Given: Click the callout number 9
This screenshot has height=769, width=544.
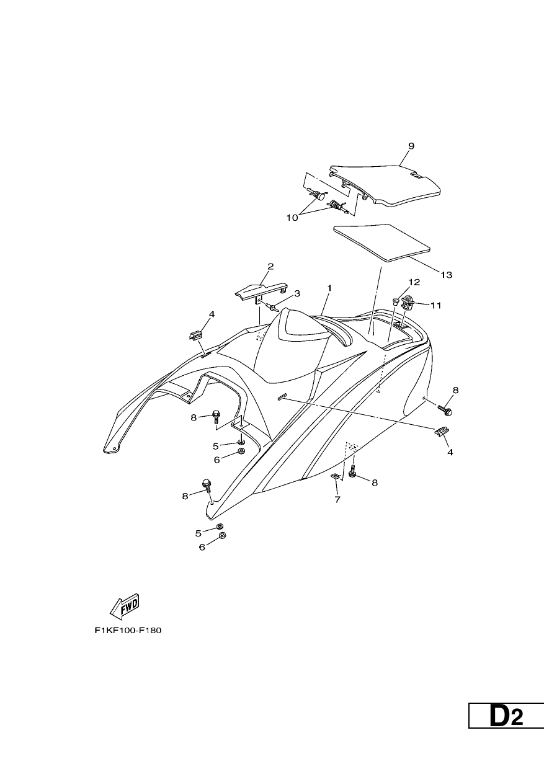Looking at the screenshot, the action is (x=411, y=146).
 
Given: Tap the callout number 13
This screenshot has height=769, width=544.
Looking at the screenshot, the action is (x=447, y=275).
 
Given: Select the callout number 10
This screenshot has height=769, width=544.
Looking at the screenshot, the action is (x=293, y=218).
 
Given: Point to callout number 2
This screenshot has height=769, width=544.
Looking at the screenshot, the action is (x=270, y=266).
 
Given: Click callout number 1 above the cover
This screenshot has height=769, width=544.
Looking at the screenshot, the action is (x=329, y=288).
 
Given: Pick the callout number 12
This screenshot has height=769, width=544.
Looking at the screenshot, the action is (x=414, y=282).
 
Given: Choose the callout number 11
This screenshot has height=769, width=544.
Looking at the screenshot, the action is (x=436, y=305).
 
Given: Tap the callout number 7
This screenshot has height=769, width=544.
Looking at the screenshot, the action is (x=337, y=499).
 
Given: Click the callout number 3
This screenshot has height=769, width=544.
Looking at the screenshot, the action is (x=297, y=293).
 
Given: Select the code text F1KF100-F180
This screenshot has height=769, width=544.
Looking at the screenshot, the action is (x=128, y=630).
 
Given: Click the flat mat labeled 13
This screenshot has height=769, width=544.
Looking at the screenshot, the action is (x=382, y=242).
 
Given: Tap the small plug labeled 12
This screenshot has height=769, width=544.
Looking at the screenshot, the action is (x=395, y=302).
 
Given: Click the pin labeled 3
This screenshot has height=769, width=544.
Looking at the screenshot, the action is (x=270, y=306).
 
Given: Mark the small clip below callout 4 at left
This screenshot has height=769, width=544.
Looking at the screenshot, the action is (x=195, y=336).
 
